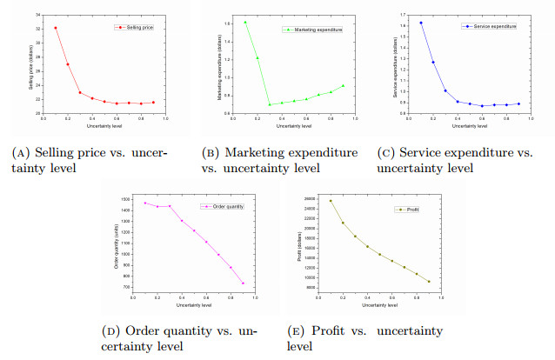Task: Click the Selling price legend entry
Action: coord(128,28)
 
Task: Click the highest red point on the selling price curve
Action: coord(56,28)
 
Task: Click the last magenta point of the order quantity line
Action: coord(243,283)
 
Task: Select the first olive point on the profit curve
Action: coord(331,201)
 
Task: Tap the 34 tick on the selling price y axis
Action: coord(37,16)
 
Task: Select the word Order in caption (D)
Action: coord(153,331)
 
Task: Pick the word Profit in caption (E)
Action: coord(340,331)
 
